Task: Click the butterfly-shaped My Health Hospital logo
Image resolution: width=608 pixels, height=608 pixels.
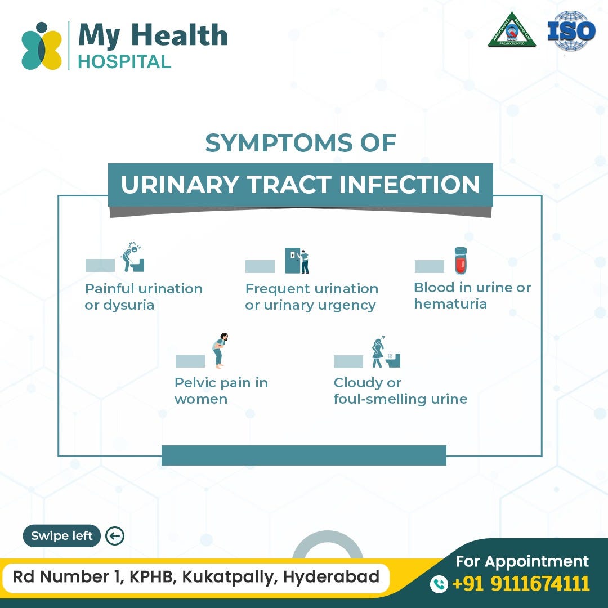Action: coord(41,46)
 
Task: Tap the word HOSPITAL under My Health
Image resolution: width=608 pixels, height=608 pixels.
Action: coord(124,61)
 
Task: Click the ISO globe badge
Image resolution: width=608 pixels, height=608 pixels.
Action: coord(571,32)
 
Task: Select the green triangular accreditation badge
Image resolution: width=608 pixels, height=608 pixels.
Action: coord(511,30)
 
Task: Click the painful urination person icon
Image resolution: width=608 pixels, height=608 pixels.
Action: coord(133,257)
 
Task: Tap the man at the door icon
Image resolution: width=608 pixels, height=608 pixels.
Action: coord(297,261)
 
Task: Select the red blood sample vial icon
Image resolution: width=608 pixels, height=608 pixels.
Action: coord(461,261)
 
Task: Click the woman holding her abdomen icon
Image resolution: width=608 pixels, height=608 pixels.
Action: coord(220,349)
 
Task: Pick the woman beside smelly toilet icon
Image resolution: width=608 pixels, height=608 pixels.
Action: coord(385,352)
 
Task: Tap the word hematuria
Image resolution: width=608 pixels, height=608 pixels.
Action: coord(450,304)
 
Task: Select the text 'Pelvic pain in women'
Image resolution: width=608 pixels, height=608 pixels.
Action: coord(221,391)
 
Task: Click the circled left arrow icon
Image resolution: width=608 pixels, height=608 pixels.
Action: coord(115,536)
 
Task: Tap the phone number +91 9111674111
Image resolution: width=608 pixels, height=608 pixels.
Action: coord(520,583)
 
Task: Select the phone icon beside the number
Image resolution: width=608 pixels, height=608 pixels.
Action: coord(439,584)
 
